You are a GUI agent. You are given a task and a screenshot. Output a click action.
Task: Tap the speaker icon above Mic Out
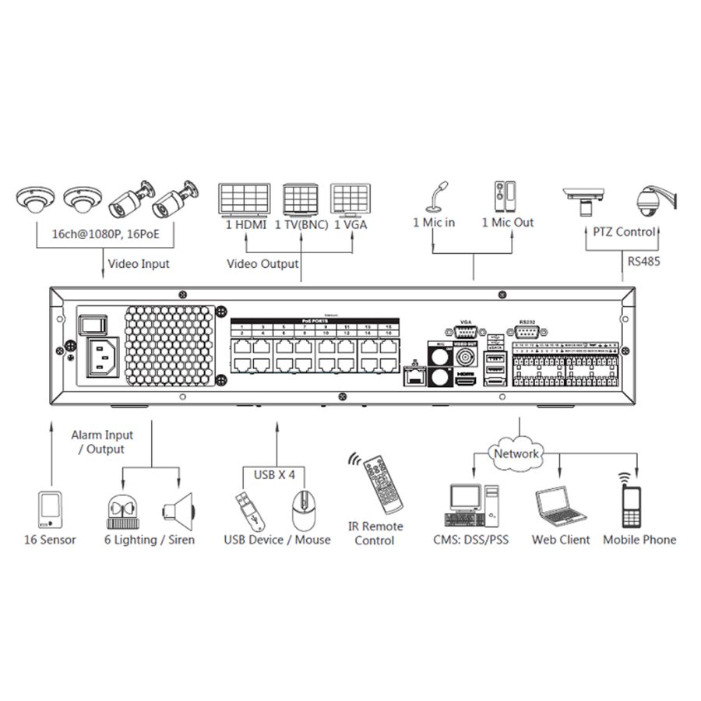click(x=504, y=197)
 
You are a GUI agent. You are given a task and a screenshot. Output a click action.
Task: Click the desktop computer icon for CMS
click(x=472, y=505)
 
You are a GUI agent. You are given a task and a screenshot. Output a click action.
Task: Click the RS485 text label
click(x=643, y=262)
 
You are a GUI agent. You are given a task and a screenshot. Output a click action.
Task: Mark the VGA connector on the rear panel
click(x=467, y=333)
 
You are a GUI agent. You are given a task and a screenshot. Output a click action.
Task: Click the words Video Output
click(x=262, y=264)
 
